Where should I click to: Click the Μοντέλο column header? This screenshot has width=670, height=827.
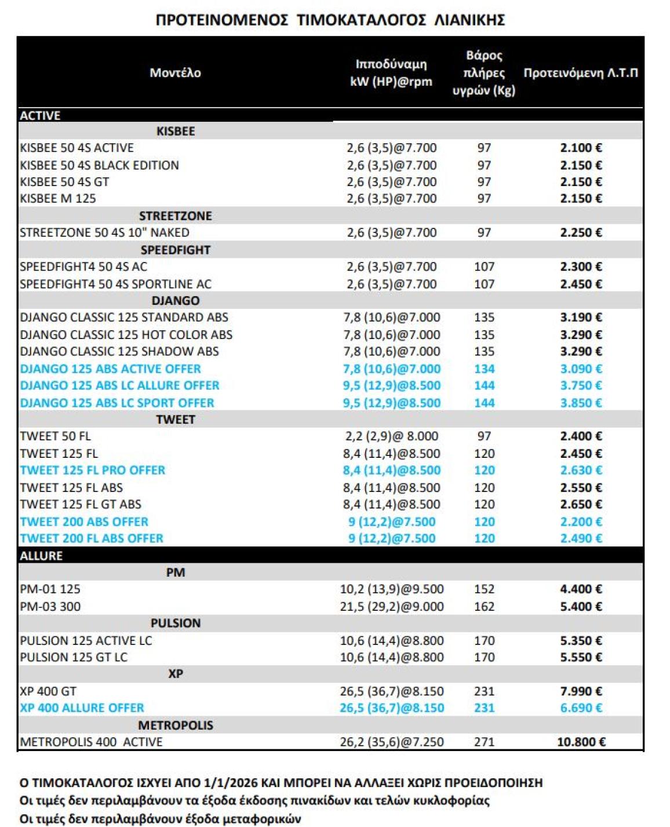click(x=175, y=73)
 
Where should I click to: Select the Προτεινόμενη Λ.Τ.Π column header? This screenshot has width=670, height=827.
click(x=580, y=73)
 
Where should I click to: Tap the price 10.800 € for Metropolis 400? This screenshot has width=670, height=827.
click(x=581, y=742)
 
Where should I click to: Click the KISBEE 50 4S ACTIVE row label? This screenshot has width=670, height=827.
click(x=77, y=148)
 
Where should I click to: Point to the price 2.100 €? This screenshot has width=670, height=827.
click(x=581, y=148)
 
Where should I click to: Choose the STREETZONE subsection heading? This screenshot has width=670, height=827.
click(x=175, y=216)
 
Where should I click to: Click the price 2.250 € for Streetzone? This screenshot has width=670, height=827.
click(x=581, y=232)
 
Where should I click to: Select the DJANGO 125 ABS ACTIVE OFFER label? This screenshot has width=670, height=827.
click(x=110, y=369)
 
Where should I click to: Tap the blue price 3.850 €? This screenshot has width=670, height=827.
click(x=581, y=403)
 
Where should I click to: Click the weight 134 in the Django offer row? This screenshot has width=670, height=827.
click(x=484, y=369)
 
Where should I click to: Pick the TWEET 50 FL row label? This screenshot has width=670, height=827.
click(x=55, y=436)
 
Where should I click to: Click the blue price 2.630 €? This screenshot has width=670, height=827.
click(x=581, y=470)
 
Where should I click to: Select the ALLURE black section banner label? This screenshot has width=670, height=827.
click(x=41, y=555)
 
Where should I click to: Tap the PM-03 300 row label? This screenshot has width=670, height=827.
click(x=50, y=606)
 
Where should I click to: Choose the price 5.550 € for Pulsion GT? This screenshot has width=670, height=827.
click(x=581, y=657)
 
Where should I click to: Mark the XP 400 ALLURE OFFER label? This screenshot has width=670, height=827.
click(x=82, y=708)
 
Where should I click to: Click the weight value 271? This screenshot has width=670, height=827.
click(x=484, y=742)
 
